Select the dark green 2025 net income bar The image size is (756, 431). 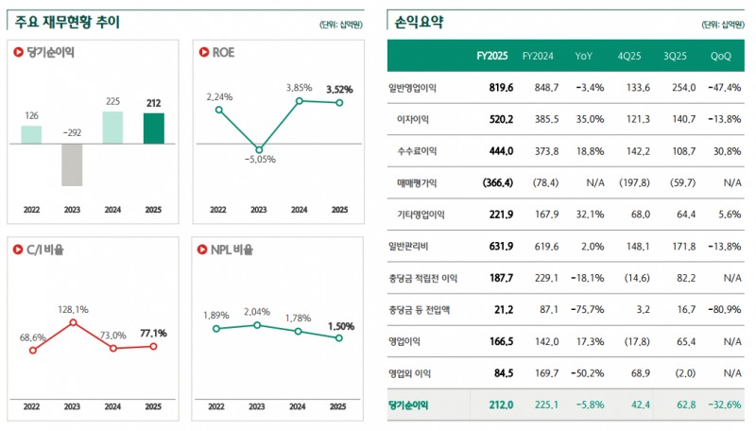154,129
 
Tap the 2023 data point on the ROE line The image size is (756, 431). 258,147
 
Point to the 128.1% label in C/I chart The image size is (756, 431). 73,309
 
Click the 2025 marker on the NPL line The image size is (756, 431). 339,337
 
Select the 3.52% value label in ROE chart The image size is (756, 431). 339,90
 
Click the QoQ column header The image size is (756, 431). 721,56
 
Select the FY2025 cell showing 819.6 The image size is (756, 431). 500,87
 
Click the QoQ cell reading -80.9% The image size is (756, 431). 724,309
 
